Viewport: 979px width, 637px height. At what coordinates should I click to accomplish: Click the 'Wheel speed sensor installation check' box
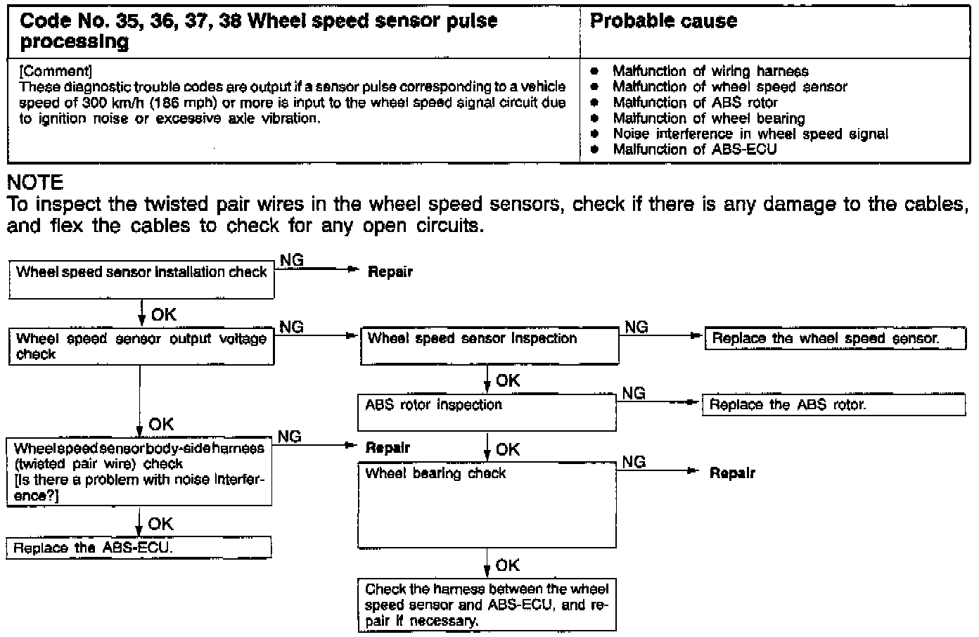(x=141, y=280)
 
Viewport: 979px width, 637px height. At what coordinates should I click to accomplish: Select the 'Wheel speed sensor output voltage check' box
(x=141, y=346)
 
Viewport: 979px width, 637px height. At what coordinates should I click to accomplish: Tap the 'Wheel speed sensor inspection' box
(x=489, y=345)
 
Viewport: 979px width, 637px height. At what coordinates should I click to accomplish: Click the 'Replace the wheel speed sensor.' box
(x=826, y=338)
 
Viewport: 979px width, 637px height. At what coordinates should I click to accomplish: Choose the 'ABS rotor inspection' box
(x=487, y=412)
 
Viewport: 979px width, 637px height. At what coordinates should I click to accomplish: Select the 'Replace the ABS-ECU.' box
(x=139, y=548)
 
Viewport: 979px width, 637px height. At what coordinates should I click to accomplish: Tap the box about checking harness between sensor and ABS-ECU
(x=487, y=605)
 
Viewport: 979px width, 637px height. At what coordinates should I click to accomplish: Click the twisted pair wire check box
(x=139, y=472)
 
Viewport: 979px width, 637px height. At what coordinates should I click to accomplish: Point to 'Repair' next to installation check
(x=390, y=272)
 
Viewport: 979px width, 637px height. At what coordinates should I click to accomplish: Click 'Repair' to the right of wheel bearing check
(x=732, y=473)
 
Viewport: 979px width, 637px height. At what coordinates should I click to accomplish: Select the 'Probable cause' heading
(x=663, y=21)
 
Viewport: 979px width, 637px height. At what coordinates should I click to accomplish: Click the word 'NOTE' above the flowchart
(x=35, y=183)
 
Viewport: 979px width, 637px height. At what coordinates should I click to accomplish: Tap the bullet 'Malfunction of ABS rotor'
(x=695, y=103)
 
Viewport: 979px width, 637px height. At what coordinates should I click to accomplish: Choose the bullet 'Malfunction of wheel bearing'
(x=708, y=118)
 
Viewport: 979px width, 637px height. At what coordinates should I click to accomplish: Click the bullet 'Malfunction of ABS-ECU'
(x=694, y=149)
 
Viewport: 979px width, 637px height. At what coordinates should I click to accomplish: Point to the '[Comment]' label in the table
(x=56, y=71)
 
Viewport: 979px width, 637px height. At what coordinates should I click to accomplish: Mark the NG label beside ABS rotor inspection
(x=634, y=394)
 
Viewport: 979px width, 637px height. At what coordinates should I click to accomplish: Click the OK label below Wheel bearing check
(x=507, y=565)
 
